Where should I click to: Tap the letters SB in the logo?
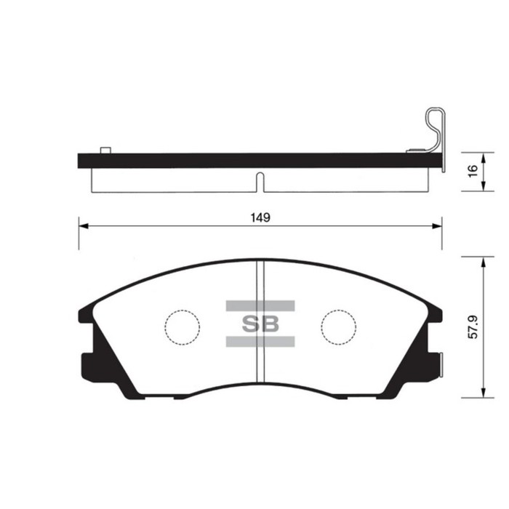260,324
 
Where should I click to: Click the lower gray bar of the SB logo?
260,342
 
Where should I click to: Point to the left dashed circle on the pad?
182,326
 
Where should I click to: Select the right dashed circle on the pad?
339,326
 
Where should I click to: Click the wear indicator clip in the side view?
435,131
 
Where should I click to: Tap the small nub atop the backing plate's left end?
105,150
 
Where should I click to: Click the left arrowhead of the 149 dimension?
82,226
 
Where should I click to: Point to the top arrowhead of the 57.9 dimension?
484,260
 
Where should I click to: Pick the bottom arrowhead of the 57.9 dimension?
484,395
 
